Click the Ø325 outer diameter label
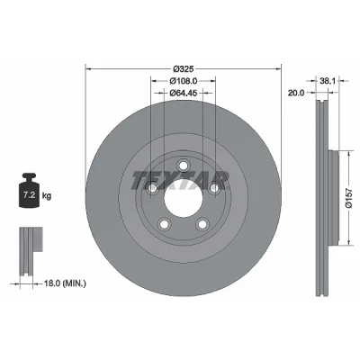point(184,69)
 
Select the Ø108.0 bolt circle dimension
point(183,81)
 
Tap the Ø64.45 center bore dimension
point(183,93)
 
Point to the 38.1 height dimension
point(327,81)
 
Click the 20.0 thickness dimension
point(296,93)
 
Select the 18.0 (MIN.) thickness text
point(65,283)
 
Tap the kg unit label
point(46,196)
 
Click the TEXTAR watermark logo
point(180,181)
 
